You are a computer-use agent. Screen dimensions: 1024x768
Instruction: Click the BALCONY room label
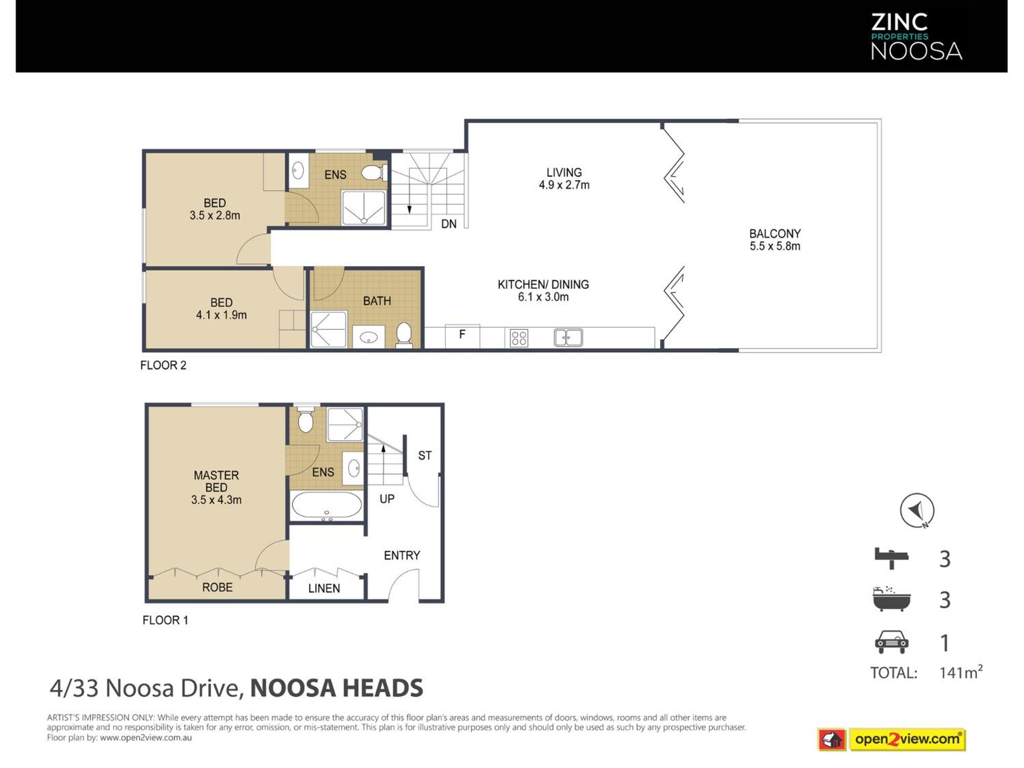775,234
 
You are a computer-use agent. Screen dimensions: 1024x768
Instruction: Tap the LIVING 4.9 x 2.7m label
564,179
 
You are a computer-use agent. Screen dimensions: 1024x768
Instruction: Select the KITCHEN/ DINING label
543,285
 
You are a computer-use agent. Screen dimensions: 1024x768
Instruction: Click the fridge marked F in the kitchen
462,336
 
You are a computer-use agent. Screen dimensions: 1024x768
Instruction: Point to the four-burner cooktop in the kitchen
519,338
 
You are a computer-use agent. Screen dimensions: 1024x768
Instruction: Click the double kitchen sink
568,337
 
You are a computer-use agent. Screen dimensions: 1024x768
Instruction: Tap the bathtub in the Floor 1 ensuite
327,506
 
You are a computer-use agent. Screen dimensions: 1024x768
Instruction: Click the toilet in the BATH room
404,335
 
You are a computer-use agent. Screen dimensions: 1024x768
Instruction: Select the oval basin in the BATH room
369,337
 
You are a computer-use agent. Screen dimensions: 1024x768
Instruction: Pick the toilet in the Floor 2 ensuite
374,173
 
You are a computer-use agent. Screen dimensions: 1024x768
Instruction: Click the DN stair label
449,224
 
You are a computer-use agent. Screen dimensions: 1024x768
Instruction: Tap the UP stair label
387,499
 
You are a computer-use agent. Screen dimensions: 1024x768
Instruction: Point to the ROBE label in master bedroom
217,587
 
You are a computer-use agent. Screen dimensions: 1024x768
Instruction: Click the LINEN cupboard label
324,588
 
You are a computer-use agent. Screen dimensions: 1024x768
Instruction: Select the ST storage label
424,455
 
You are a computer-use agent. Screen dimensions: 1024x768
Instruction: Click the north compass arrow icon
917,510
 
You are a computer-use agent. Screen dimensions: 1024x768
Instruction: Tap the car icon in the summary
891,642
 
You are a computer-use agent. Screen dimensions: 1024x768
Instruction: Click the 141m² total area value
961,672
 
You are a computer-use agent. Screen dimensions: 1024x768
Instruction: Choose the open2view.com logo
891,739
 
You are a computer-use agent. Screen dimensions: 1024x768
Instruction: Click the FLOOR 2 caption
163,365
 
